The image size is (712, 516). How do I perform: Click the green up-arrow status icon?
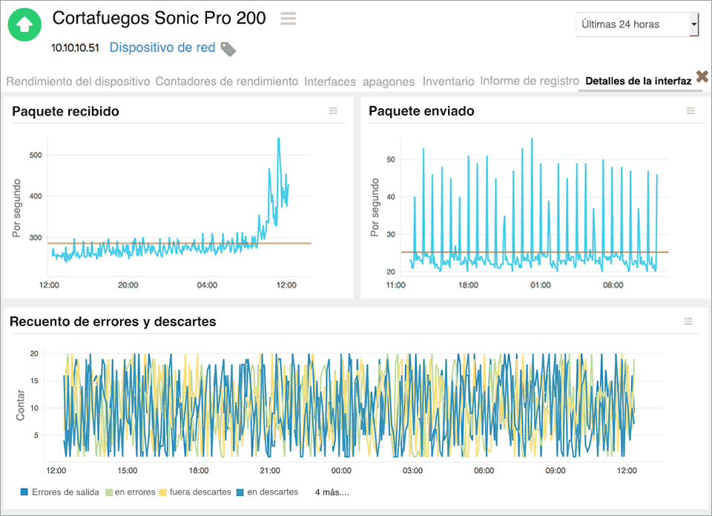click(x=24, y=24)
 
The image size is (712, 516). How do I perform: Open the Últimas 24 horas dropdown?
click(x=637, y=24)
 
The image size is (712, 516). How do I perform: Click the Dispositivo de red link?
click(x=162, y=47)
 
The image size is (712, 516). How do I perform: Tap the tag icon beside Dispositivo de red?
click(x=228, y=49)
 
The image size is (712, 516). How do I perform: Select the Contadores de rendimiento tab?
click(x=226, y=82)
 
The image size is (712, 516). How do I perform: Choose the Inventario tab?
click(x=448, y=82)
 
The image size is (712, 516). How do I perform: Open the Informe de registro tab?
click(x=529, y=81)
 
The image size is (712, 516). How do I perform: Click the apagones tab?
click(x=389, y=82)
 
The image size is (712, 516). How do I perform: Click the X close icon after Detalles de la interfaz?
click(x=702, y=76)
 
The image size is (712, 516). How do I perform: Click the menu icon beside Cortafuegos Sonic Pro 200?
click(x=288, y=19)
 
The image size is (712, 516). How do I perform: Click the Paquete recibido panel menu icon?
click(x=333, y=111)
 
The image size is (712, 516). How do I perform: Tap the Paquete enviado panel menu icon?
click(x=690, y=111)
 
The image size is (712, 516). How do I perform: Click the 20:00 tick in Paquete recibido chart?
click(x=128, y=285)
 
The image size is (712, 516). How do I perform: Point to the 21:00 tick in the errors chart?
click(x=270, y=470)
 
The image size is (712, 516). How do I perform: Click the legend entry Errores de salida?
click(x=65, y=492)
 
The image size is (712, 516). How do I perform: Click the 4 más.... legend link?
click(x=332, y=492)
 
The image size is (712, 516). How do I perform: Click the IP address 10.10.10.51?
click(x=74, y=48)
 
